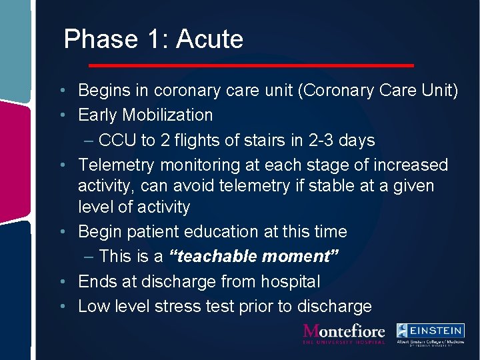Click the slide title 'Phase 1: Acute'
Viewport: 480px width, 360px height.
tap(153, 39)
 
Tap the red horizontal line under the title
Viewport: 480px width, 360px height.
tap(251, 65)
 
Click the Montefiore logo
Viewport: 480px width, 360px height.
tap(344, 333)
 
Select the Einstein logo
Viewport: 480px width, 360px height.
tap(430, 333)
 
